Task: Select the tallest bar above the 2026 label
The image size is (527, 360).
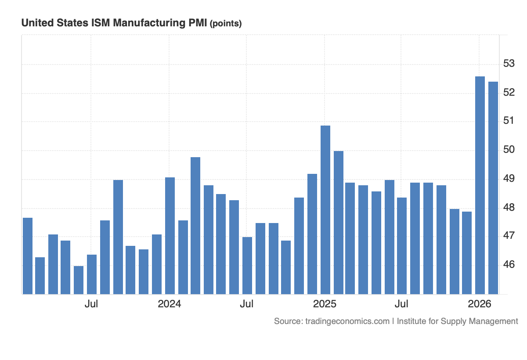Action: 480,184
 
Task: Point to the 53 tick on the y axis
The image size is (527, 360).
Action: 509,64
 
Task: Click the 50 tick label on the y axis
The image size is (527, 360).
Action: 509,150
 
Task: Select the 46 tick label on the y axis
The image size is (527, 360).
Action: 509,265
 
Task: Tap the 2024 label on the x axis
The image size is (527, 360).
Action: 170,304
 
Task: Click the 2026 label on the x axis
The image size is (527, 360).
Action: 480,304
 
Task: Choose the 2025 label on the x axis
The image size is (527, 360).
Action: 325,304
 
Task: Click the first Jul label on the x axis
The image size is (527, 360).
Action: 91,304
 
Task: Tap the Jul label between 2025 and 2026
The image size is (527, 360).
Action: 401,304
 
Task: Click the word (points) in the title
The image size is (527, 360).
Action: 226,24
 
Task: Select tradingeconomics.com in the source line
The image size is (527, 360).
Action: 346,321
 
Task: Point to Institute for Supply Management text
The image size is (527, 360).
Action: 457,321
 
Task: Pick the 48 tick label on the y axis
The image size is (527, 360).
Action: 509,207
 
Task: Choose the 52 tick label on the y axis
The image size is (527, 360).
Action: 509,93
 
